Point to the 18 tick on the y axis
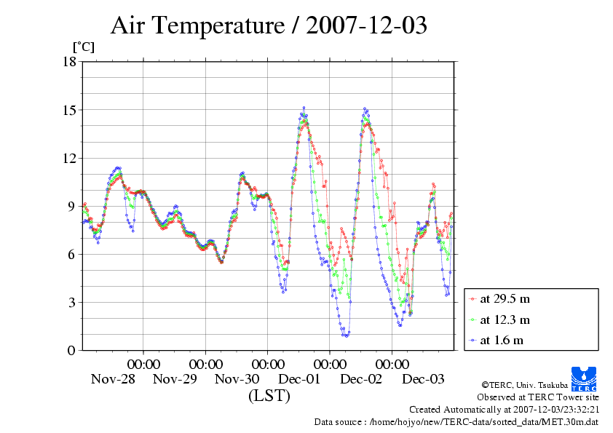tap(69, 62)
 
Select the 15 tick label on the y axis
tap(69, 110)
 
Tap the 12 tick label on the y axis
tap(69, 158)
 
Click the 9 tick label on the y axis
tap(71, 206)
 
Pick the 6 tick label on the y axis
tap(71, 254)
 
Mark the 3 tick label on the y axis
tap(71, 302)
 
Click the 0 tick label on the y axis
tap(71, 350)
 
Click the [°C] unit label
tap(82, 47)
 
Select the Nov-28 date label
tap(113, 379)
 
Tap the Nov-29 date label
tap(175, 379)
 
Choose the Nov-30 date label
tap(237, 379)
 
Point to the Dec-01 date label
tap(299, 379)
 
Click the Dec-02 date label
tap(361, 379)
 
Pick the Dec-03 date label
tap(424, 379)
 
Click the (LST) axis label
tap(269, 397)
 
